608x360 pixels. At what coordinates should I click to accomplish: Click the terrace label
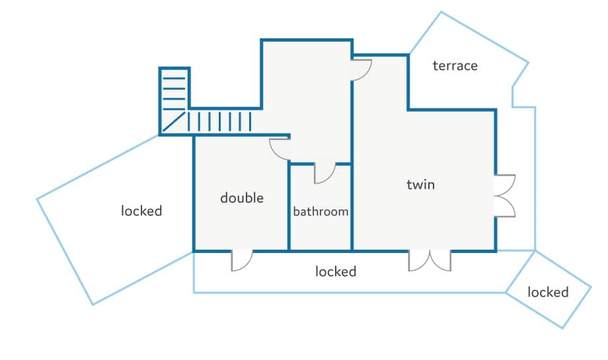point(455,65)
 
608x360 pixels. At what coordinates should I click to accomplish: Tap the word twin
point(420,184)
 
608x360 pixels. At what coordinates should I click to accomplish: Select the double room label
point(242,198)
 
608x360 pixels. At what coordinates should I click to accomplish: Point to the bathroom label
point(321,212)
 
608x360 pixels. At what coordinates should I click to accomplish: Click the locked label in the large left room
point(141,211)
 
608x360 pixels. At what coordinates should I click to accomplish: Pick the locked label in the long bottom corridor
point(336,271)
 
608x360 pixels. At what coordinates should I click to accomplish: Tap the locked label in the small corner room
point(548,292)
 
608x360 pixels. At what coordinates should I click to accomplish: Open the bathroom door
point(324,172)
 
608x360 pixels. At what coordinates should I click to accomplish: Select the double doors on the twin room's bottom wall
point(430,260)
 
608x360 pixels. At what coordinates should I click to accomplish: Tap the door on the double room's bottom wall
point(242,260)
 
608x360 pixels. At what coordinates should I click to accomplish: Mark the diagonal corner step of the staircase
point(173,122)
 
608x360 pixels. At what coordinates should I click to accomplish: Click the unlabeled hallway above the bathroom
point(307,99)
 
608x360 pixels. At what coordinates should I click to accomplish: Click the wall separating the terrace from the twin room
point(451,109)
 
